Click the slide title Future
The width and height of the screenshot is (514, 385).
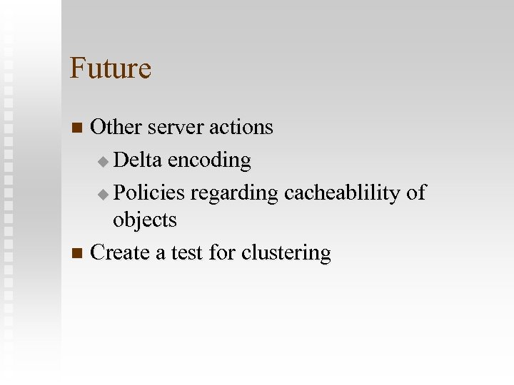coord(111,68)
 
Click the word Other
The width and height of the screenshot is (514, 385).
coord(116,128)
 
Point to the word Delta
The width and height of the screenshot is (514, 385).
coord(138,160)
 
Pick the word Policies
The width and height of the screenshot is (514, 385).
coord(148,192)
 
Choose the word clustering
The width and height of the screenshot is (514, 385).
coord(286,253)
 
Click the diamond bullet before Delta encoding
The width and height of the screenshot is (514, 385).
coord(103,162)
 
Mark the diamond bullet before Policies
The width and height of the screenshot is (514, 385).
coord(103,193)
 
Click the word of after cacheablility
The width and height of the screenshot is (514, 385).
coord(415,192)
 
